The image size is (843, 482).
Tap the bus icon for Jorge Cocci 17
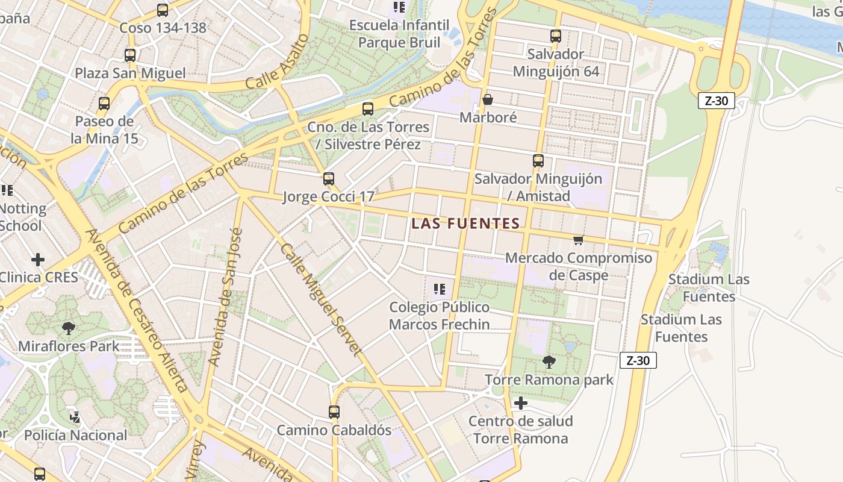coord(328,179)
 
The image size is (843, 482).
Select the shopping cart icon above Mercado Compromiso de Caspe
coord(578,240)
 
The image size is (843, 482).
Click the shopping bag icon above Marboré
coord(488,99)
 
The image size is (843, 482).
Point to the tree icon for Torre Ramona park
coord(549,361)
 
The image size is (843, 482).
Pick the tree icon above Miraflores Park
coord(69,328)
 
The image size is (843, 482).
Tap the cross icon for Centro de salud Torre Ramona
coord(521,403)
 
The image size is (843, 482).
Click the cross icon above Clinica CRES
coord(38,260)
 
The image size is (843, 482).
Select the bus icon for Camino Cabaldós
coord(334,412)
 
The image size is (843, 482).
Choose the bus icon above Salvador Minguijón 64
coord(556,36)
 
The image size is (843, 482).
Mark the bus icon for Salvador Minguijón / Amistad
coord(538,161)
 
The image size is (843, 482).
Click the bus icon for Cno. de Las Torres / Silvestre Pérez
coord(368,109)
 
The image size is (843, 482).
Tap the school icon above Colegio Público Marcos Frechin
coord(439,289)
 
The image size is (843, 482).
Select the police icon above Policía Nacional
coord(75,417)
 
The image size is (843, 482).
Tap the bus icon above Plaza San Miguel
coord(130,55)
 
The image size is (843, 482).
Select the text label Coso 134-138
coord(163,28)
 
